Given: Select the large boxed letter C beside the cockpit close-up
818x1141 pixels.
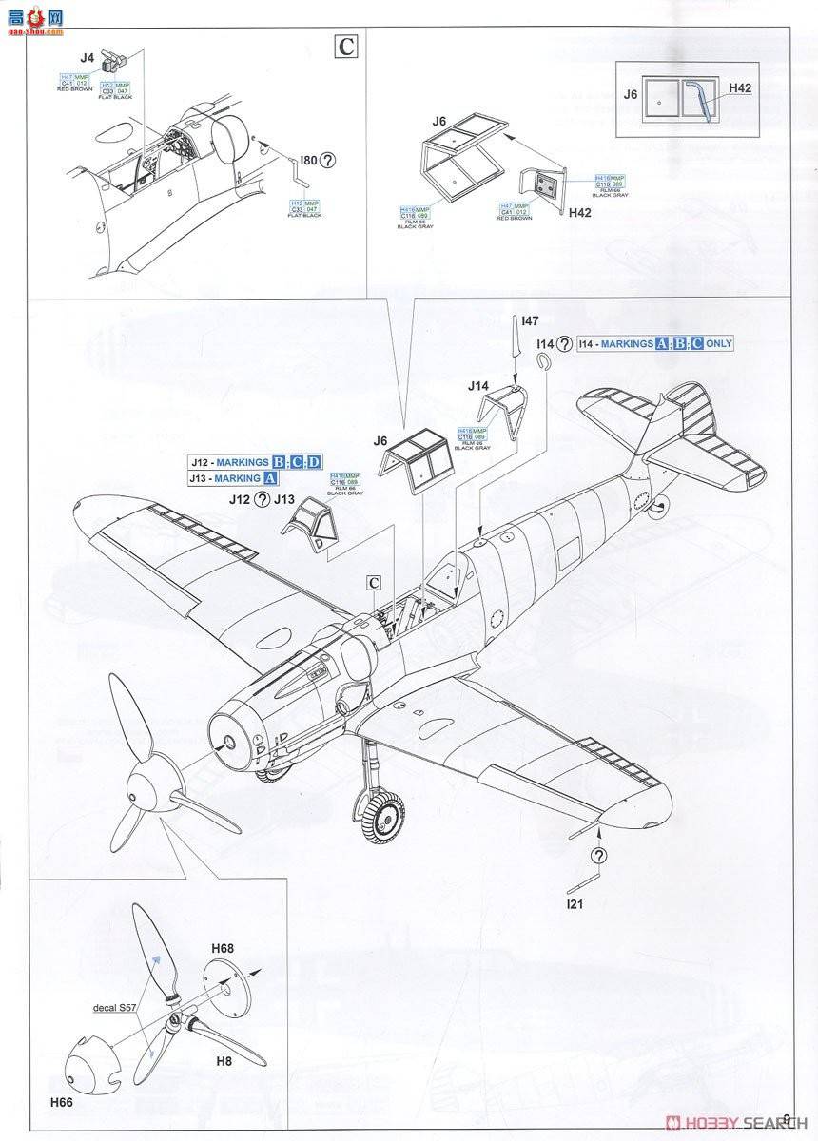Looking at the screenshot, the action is [x=348, y=46].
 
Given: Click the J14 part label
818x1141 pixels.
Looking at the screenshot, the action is [x=477, y=386].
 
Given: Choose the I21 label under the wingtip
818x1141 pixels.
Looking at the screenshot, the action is [x=574, y=904].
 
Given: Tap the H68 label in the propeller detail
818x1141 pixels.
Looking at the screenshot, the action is [x=224, y=948].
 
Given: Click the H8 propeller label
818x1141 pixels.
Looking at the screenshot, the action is [x=224, y=1062].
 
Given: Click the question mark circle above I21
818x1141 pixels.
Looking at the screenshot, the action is [x=597, y=856].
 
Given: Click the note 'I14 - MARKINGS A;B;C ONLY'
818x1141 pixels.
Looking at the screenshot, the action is [x=655, y=343].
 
